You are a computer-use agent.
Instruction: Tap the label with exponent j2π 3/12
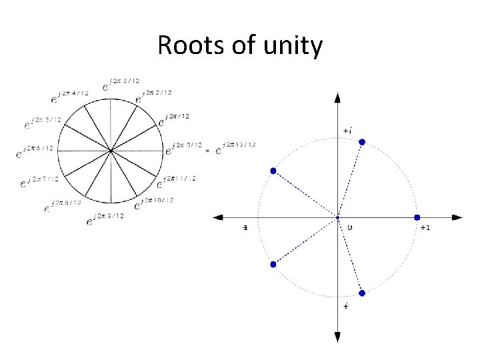[121, 83]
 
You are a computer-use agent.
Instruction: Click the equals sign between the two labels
[208, 151]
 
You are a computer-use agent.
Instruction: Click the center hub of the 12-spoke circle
[111, 151]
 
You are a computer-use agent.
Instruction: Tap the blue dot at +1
[417, 217]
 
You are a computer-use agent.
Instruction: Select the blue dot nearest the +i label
[362, 141]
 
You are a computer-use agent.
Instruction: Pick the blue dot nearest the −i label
[362, 293]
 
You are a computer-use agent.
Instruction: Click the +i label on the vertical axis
[347, 129]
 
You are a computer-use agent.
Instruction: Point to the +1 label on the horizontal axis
[424, 227]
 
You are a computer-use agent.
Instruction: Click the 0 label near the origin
[349, 227]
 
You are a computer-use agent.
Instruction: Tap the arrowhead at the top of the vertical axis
[338, 97]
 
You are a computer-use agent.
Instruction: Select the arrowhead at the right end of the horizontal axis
[457, 217]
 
